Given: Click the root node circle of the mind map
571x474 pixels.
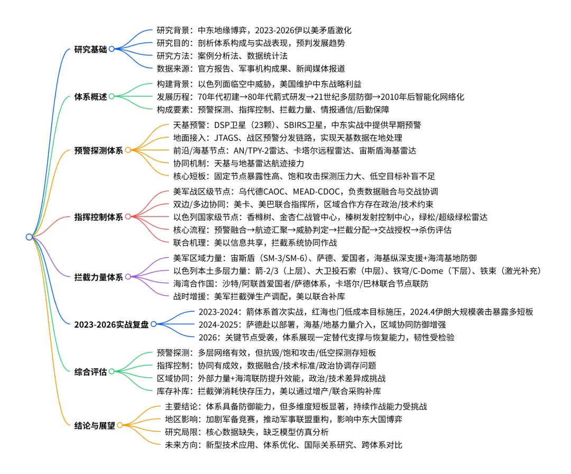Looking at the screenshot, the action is [29, 237].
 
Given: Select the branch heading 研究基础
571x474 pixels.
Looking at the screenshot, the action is [90, 50].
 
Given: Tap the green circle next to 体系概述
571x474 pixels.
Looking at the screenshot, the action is [112, 97].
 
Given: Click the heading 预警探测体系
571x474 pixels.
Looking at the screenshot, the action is [98, 151].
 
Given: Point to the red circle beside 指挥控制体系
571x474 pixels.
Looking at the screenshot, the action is [127, 216].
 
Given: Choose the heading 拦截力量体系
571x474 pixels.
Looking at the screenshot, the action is [98, 277].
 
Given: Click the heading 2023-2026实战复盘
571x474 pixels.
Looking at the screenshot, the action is [112, 323].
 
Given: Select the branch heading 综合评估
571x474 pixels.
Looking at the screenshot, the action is [90, 371].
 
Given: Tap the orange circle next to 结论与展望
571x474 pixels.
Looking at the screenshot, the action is [119, 425].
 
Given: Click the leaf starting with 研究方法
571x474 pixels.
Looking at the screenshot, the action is [222, 55].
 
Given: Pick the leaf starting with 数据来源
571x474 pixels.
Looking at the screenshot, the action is [251, 68].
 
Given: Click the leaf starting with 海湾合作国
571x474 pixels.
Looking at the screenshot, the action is [301, 283].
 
